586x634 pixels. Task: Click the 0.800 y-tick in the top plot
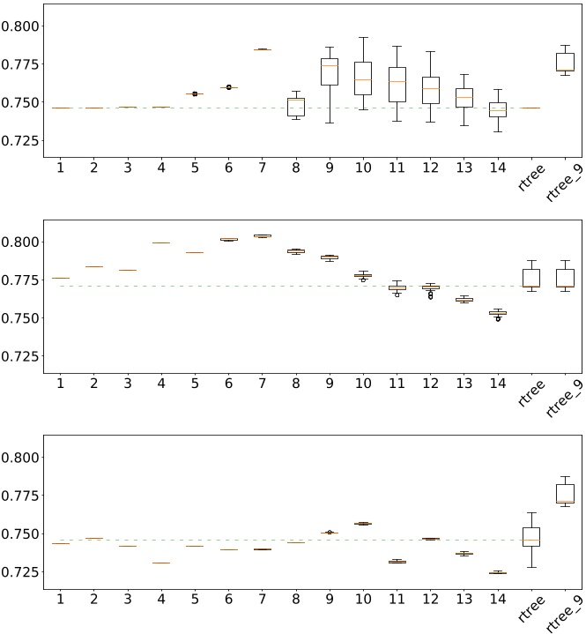click(x=20, y=26)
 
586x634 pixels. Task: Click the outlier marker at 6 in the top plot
click(x=229, y=87)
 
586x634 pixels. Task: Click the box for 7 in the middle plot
click(x=263, y=235)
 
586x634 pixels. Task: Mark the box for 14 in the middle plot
click(x=498, y=313)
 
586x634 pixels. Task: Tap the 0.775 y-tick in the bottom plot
click(x=20, y=496)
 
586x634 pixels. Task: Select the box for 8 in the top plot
click(x=296, y=107)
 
